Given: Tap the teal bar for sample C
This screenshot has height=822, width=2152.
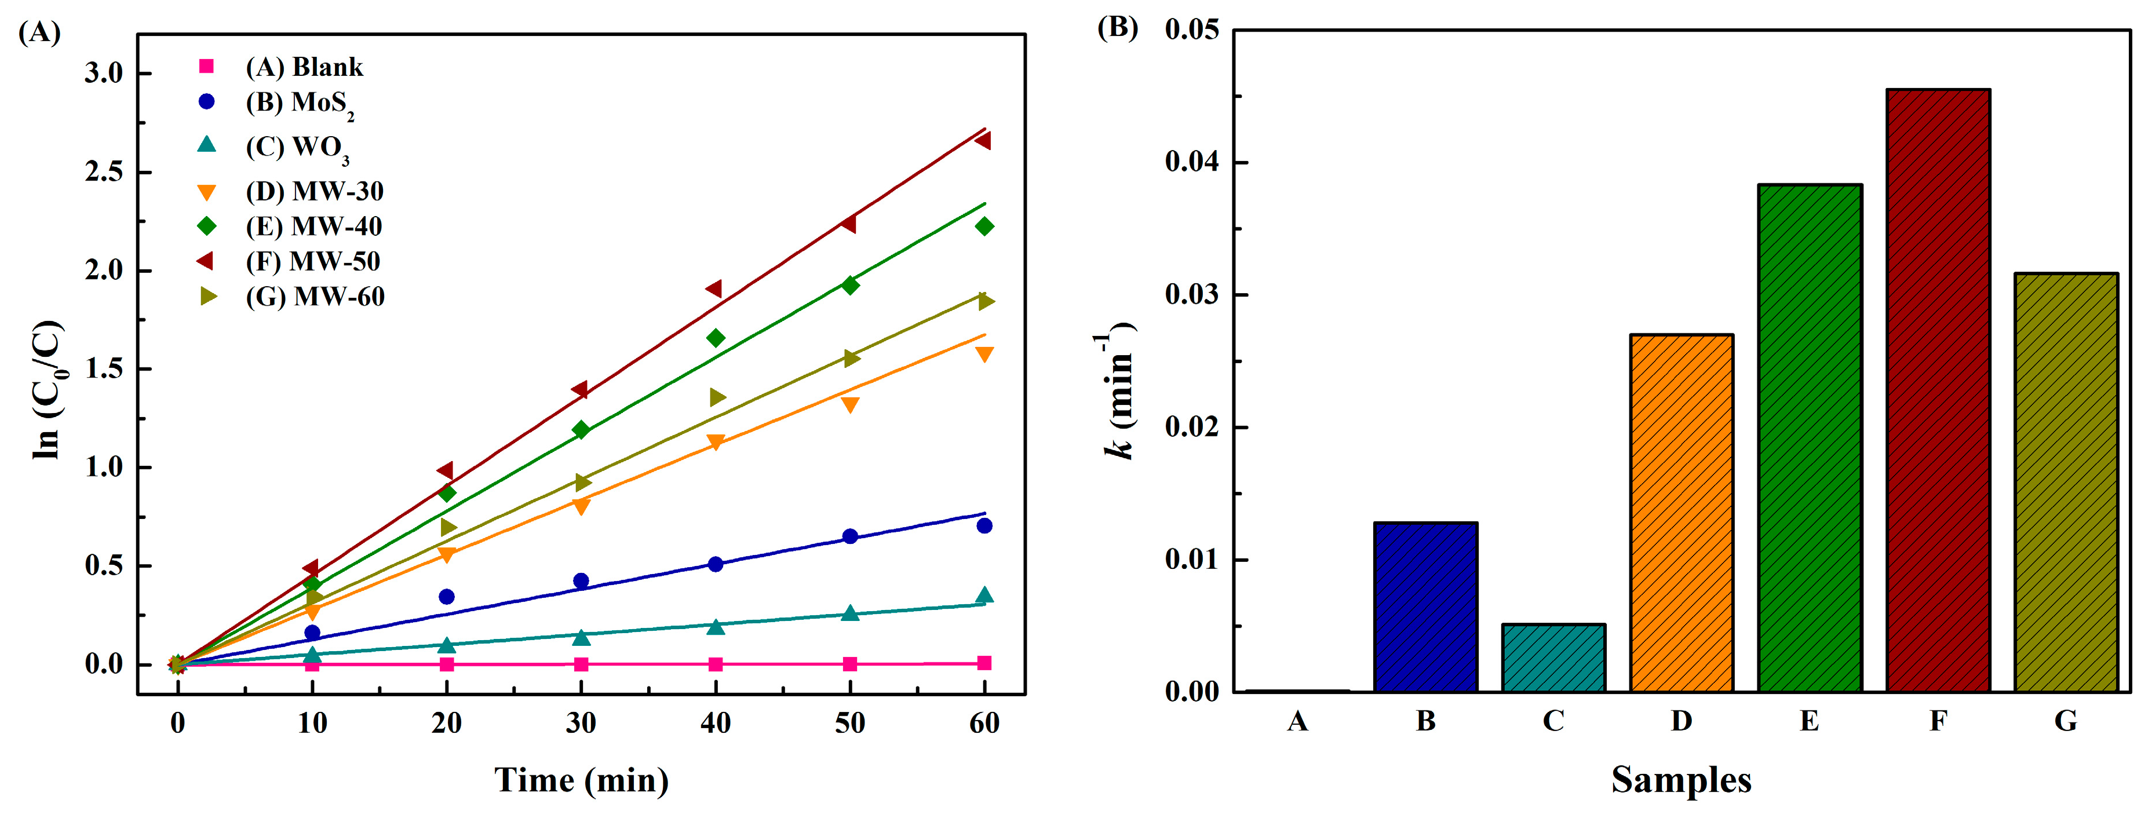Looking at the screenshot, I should tap(1553, 658).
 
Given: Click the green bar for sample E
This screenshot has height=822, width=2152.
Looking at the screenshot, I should tap(1810, 438).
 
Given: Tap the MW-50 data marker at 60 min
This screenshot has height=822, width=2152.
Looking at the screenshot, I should tap(983, 140).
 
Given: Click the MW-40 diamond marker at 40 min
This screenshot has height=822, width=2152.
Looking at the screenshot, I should tap(715, 338).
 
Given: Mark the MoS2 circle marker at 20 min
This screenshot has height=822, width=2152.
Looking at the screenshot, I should tap(446, 597).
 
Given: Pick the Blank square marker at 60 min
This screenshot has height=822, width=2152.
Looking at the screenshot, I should tap(984, 663).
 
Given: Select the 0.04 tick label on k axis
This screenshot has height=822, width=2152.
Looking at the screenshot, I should tap(1191, 161).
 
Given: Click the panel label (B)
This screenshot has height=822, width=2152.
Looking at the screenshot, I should tap(1117, 28).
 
